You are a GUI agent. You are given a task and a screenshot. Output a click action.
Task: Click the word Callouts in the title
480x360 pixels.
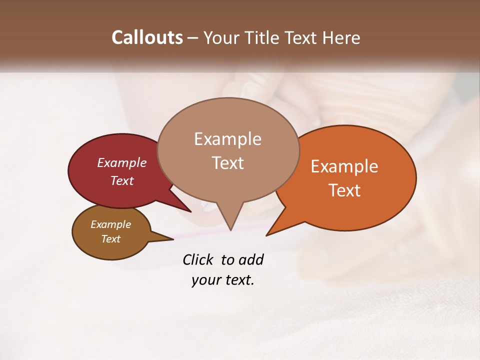[147, 37]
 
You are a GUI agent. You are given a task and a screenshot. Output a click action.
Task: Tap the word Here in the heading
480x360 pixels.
[340, 37]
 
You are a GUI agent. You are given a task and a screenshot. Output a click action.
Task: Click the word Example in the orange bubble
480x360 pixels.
[344, 166]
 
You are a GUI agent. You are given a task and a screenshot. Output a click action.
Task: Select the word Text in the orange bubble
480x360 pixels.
[345, 190]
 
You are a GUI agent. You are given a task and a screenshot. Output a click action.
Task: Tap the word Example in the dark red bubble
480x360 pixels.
[122, 162]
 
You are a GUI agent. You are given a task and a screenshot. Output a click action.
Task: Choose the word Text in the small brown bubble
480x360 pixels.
[111, 239]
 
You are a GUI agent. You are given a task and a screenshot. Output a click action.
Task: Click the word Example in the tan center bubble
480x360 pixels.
[227, 139]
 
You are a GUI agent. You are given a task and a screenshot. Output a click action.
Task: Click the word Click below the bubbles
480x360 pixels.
[198, 260]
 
